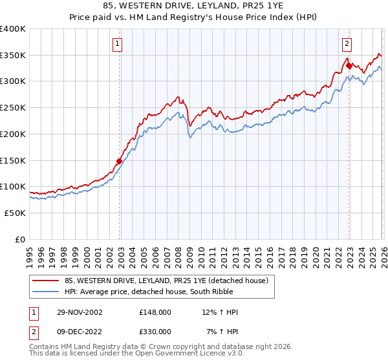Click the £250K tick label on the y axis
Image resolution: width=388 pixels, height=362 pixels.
point(13,107)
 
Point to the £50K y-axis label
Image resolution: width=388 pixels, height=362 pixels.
point(15,213)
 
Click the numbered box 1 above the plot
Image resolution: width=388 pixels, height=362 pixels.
point(118,44)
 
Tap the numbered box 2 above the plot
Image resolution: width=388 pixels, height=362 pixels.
point(347,44)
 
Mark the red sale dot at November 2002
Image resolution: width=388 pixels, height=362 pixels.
point(120,161)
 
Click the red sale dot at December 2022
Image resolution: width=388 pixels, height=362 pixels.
point(349,65)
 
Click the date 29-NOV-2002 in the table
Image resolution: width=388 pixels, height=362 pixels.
point(80,312)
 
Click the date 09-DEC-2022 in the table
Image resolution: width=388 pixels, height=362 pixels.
point(80,331)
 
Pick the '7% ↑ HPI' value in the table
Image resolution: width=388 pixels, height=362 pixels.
point(221,331)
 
